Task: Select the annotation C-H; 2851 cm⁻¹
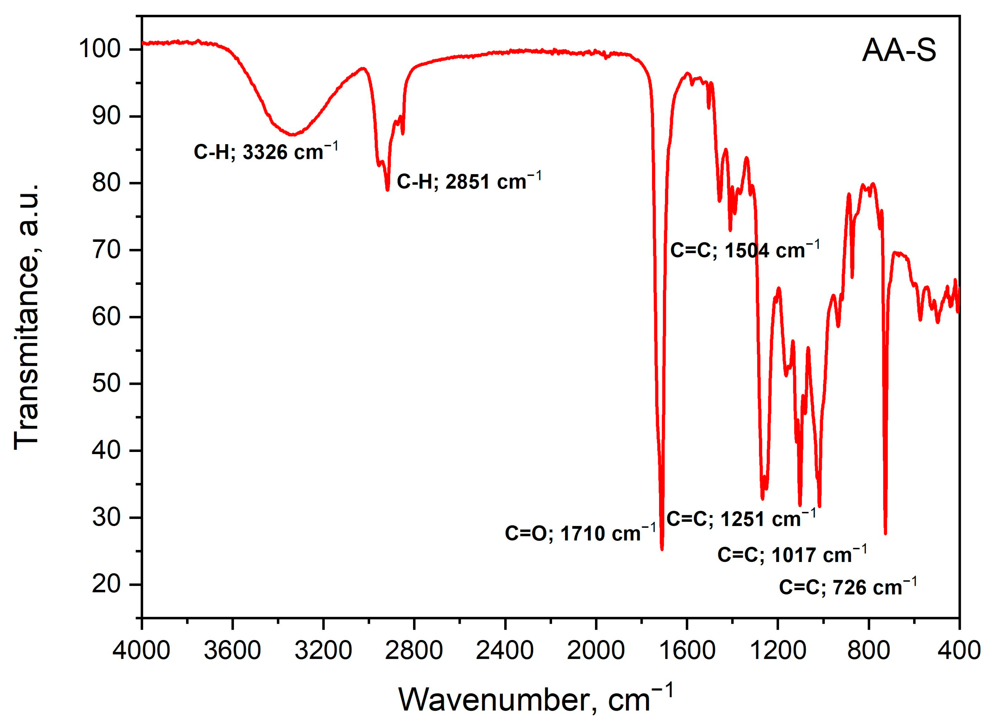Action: (469, 181)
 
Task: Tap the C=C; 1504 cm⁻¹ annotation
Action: (745, 250)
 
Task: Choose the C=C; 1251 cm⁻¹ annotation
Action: (741, 518)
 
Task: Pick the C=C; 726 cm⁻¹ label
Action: (848, 587)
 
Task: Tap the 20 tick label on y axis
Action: (106, 584)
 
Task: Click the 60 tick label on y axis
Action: (106, 317)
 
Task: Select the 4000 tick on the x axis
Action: (141, 650)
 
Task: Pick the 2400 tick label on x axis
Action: (505, 650)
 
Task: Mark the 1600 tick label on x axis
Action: (687, 650)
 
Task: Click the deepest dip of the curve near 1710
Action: (662, 549)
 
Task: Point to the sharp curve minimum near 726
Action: (885, 533)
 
